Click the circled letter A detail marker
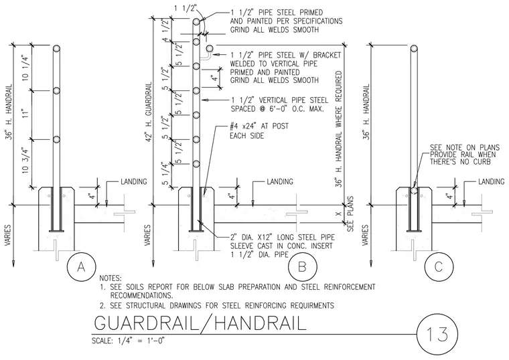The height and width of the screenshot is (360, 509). click(x=81, y=266)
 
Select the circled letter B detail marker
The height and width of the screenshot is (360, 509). click(x=302, y=266)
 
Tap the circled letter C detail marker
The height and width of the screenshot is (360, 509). click(x=439, y=266)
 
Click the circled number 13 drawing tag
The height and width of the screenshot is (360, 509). click(x=437, y=335)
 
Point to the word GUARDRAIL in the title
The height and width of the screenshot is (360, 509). click(x=146, y=323)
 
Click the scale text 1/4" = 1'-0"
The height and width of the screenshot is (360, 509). click(x=129, y=341)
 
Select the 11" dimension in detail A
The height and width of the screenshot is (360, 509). click(x=26, y=114)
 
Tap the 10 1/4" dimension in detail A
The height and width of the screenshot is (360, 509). click(x=26, y=68)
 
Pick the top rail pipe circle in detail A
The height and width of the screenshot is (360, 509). click(x=56, y=49)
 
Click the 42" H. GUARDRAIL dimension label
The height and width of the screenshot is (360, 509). click(x=149, y=110)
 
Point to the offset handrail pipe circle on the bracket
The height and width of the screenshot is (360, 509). click(x=210, y=49)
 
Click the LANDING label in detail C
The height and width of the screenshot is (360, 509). click(x=491, y=181)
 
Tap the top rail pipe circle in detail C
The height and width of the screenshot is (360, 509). click(x=414, y=49)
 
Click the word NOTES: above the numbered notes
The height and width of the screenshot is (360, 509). click(x=111, y=278)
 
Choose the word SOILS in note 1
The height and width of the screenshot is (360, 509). click(x=136, y=287)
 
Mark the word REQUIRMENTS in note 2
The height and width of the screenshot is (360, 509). click(x=312, y=306)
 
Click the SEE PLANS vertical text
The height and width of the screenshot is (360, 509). click(x=350, y=213)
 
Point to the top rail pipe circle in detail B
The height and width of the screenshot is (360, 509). click(x=196, y=22)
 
